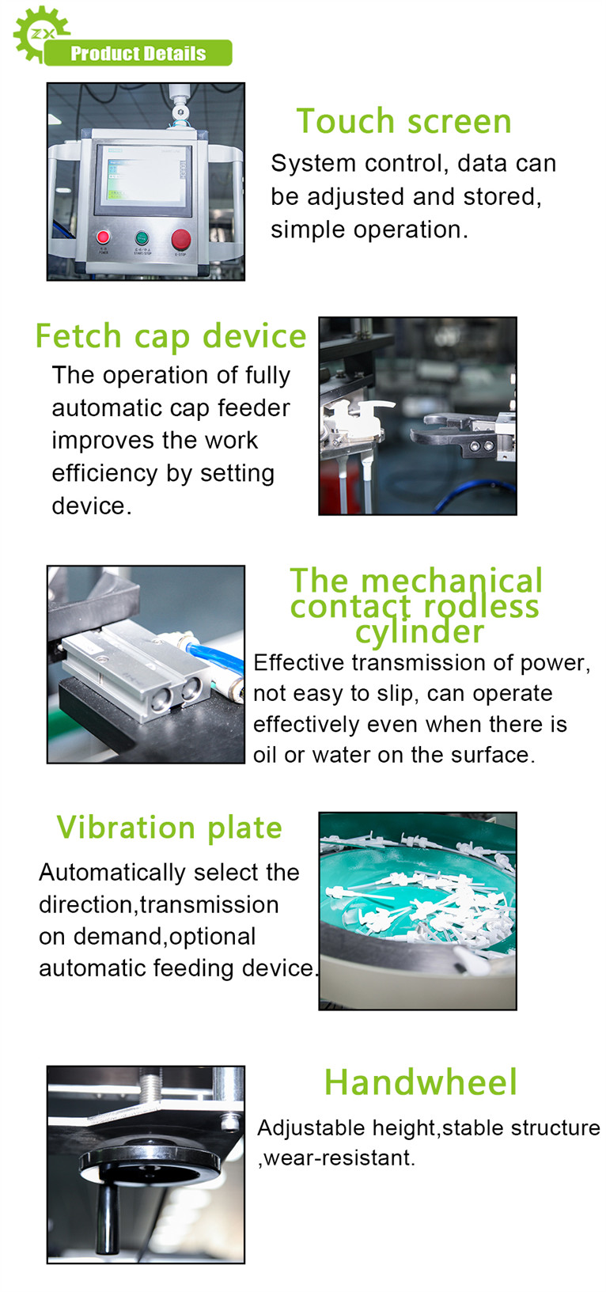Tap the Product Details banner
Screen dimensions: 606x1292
click(x=138, y=53)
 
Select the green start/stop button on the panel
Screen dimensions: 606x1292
click(x=142, y=238)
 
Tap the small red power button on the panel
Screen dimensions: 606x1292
click(x=103, y=237)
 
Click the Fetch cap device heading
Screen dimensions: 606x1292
click(x=171, y=335)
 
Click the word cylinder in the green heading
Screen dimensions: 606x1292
click(x=419, y=632)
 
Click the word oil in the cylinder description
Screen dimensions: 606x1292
click(x=265, y=755)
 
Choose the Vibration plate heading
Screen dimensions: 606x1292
click(x=169, y=828)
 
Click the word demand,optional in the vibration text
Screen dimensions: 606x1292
click(x=165, y=937)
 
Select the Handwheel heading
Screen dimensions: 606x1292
click(x=420, y=1082)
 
